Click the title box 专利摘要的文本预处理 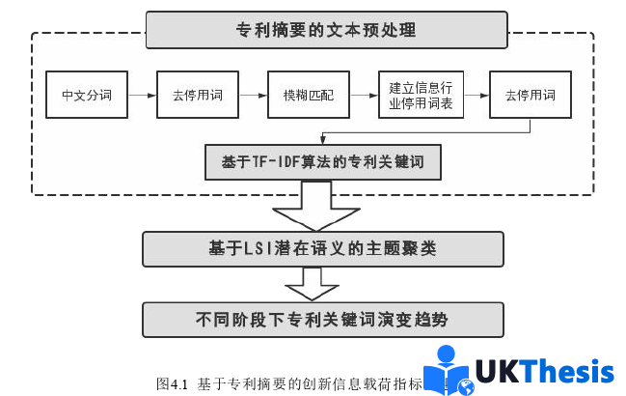(326, 29)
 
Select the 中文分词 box (86, 95)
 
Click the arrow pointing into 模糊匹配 (253, 95)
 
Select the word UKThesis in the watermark (545, 372)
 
